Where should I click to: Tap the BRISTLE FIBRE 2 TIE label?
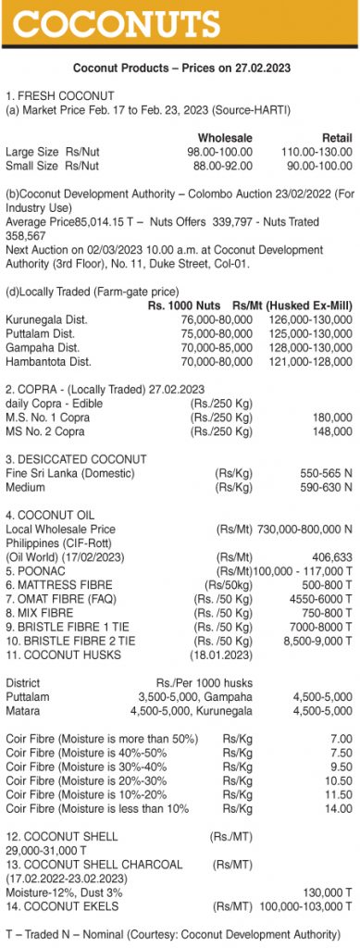[x=70, y=639]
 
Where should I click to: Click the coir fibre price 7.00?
[x=341, y=738]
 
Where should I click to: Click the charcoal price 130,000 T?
[x=323, y=892]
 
